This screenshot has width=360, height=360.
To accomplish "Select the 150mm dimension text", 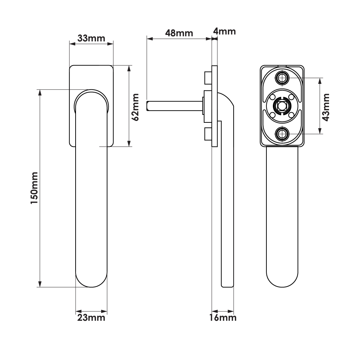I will point(34,188).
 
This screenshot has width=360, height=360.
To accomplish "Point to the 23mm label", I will point(91,318).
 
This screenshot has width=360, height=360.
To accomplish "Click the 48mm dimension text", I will point(179,33).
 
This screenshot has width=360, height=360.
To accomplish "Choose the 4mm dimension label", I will point(224,31).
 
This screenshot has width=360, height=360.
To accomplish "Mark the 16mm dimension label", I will point(224,318).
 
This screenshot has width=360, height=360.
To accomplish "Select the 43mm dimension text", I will point(325,107).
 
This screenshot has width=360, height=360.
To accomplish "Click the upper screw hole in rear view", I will point(282,78).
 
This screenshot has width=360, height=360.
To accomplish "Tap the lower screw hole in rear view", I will point(282,134).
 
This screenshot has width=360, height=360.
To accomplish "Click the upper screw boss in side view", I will point(207,77).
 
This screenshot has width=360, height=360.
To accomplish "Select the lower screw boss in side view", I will point(207,134).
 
